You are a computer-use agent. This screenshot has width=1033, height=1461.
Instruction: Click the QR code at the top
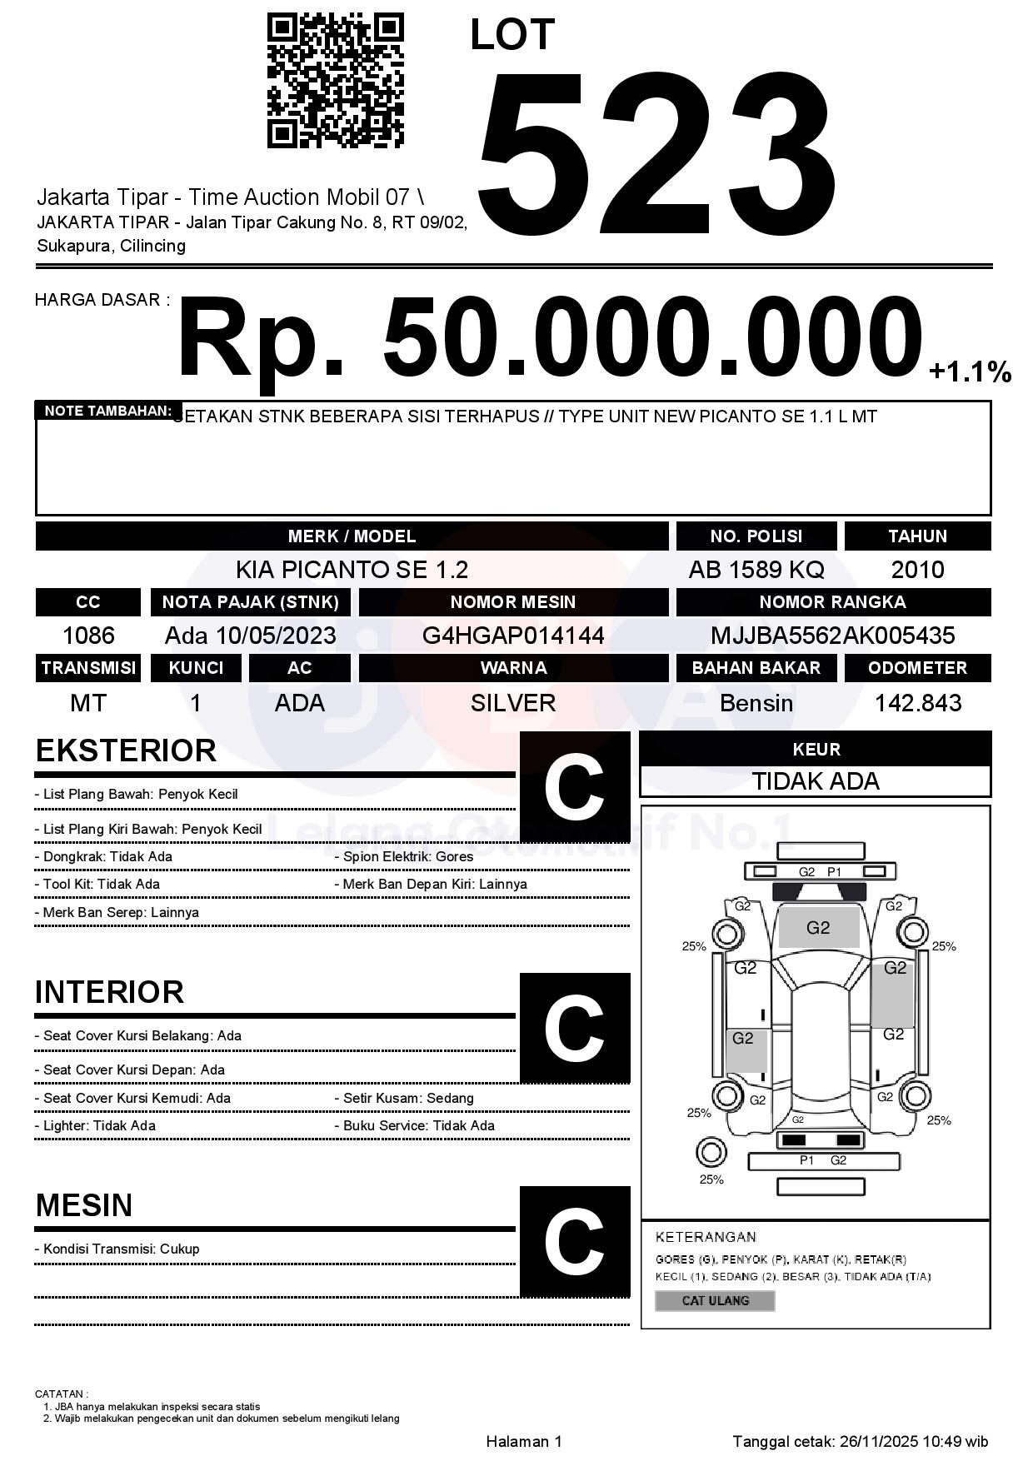point(335,81)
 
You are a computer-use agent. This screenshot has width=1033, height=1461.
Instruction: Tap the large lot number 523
point(656,156)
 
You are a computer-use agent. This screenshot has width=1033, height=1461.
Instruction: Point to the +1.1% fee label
point(970,371)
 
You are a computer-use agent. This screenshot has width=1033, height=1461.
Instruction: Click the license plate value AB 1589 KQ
point(756,570)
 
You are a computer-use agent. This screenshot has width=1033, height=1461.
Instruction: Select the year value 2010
point(917,570)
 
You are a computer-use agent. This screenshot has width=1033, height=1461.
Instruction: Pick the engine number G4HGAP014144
point(513,636)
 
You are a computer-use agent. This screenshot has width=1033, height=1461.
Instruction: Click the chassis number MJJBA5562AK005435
point(832,636)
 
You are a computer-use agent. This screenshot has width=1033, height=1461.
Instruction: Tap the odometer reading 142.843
point(917,703)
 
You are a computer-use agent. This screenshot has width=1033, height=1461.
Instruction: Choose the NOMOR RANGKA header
point(832,602)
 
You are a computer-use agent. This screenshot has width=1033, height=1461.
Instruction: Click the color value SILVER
point(513,703)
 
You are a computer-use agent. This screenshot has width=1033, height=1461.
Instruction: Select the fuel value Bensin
point(756,703)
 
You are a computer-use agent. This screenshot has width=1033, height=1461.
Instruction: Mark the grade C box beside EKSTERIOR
point(575,787)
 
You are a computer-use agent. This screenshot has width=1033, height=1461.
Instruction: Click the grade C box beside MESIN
point(575,1241)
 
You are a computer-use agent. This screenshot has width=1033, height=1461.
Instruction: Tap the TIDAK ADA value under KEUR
point(816,781)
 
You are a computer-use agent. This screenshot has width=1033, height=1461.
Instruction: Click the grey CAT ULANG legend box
point(715,1300)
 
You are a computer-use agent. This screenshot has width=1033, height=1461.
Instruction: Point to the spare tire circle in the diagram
point(711,1154)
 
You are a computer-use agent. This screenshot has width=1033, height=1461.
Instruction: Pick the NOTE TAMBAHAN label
point(107,411)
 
